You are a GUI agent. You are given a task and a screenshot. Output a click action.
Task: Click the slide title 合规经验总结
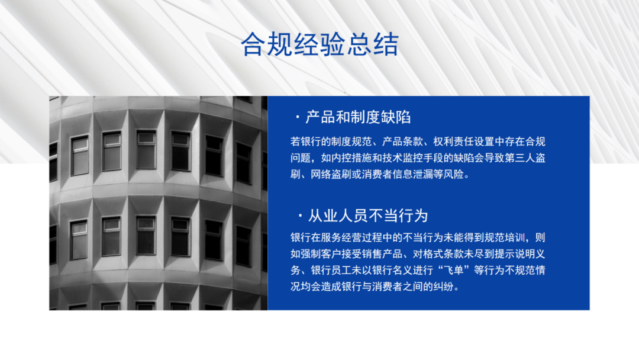(319, 44)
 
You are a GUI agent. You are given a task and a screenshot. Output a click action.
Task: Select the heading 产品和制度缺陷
(358, 117)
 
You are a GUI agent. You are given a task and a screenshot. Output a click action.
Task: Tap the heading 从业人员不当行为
(368, 216)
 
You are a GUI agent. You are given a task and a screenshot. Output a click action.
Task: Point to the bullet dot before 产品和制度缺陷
(298, 118)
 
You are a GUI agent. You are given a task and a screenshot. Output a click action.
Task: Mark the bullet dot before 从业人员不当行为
(300, 216)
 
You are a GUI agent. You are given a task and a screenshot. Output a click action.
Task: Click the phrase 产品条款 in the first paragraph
(402, 142)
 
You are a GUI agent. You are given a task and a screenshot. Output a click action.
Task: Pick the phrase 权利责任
(453, 142)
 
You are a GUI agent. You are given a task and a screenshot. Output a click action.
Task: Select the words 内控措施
(351, 157)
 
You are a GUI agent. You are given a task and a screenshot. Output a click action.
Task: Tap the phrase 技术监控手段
(412, 157)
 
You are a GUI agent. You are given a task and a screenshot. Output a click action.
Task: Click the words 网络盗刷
(331, 175)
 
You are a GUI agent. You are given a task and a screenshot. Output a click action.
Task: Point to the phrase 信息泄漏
(412, 175)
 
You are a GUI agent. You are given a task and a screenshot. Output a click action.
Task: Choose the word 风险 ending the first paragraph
(453, 175)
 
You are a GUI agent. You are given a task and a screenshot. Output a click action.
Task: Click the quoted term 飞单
(453, 271)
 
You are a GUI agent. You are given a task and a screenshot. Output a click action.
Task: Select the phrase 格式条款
(443, 254)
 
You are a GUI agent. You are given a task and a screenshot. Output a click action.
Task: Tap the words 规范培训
(504, 237)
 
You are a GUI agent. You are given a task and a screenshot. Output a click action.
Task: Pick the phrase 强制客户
(321, 254)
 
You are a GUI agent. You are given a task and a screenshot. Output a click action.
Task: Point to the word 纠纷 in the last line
(443, 287)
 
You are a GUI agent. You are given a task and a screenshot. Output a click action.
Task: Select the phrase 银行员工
(331, 271)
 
